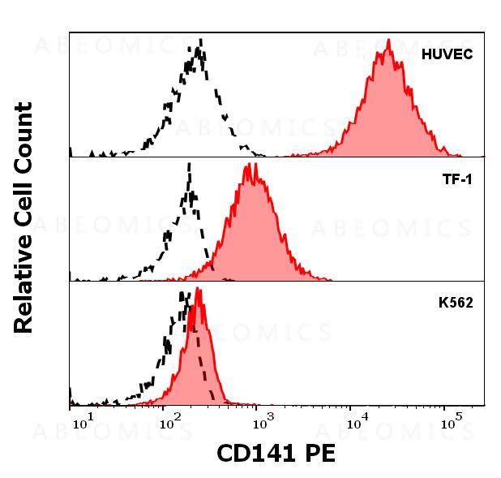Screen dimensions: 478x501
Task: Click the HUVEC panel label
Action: (x=447, y=55)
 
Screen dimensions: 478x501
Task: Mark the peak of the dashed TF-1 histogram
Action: (x=189, y=164)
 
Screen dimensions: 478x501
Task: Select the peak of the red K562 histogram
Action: (x=198, y=289)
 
